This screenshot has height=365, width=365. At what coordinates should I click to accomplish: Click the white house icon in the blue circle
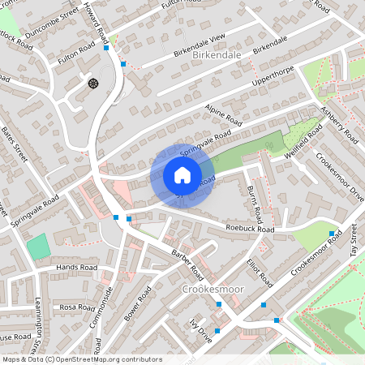click(x=182, y=175)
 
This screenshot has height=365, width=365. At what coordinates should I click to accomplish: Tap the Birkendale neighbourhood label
click(x=218, y=54)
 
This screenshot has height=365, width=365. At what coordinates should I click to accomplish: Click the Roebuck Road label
click(x=251, y=230)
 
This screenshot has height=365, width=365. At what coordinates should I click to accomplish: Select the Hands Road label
click(x=77, y=267)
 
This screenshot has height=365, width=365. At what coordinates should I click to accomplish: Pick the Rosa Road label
click(x=77, y=307)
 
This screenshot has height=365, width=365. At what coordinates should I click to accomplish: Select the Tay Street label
click(x=354, y=241)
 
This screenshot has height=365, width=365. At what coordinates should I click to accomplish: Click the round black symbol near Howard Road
click(x=92, y=82)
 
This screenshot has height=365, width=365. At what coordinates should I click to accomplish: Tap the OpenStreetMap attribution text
click(x=71, y=359)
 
